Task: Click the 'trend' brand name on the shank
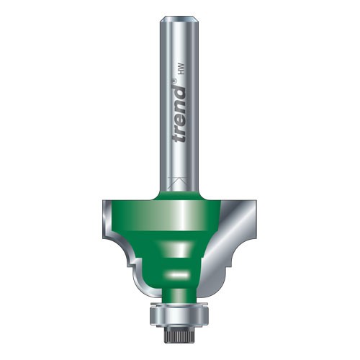[x=180, y=115]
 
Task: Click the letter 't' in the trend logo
[x=180, y=138]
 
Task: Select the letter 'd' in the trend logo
[x=180, y=93]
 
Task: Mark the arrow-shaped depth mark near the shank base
[x=179, y=181]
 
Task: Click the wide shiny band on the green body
[x=166, y=215]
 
